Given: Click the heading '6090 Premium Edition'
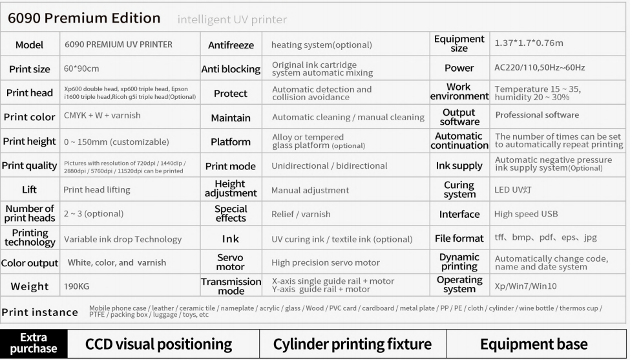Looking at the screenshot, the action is [84, 18].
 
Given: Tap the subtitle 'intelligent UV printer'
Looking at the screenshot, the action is [232, 19].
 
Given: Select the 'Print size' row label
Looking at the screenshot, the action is [30, 69].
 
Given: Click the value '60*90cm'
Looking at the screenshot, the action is [81, 69].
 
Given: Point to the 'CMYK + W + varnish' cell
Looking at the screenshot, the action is [102, 115].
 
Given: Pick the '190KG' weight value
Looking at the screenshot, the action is [76, 286].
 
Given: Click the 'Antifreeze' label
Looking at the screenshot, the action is [231, 45].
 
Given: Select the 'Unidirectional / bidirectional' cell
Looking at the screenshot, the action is [329, 165].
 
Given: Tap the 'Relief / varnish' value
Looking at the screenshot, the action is [301, 214].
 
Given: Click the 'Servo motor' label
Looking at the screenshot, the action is [230, 262].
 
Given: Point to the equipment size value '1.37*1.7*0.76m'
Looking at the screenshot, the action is [529, 43].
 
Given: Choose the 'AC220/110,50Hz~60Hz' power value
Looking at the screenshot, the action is [540, 67].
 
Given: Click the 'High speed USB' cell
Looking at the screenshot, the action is [526, 214].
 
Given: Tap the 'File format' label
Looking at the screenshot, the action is [459, 238].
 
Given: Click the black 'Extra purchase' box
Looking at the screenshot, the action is [34, 344].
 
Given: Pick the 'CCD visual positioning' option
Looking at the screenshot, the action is [158, 344].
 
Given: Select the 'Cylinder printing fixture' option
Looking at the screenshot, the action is [352, 344].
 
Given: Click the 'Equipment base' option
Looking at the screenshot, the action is [534, 344].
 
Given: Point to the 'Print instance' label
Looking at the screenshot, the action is [40, 312].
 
